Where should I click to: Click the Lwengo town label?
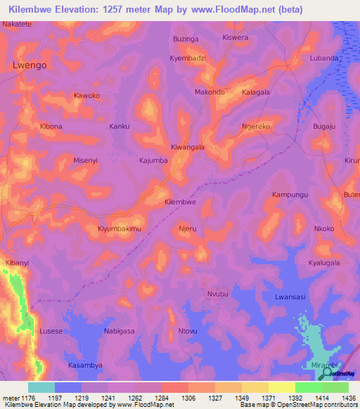coord(30,65)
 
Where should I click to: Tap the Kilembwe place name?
coord(179,202)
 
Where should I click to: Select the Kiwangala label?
coord(188,148)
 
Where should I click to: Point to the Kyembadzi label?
coord(188,58)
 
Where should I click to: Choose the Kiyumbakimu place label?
coord(120,229)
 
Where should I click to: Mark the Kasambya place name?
coord(85,365)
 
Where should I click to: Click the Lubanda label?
coord(324,58)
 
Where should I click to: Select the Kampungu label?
coord(290,193)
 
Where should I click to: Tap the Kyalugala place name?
coord(324,263)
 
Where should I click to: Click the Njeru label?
coord(188,229)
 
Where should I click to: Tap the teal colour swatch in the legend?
coord(41,387)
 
